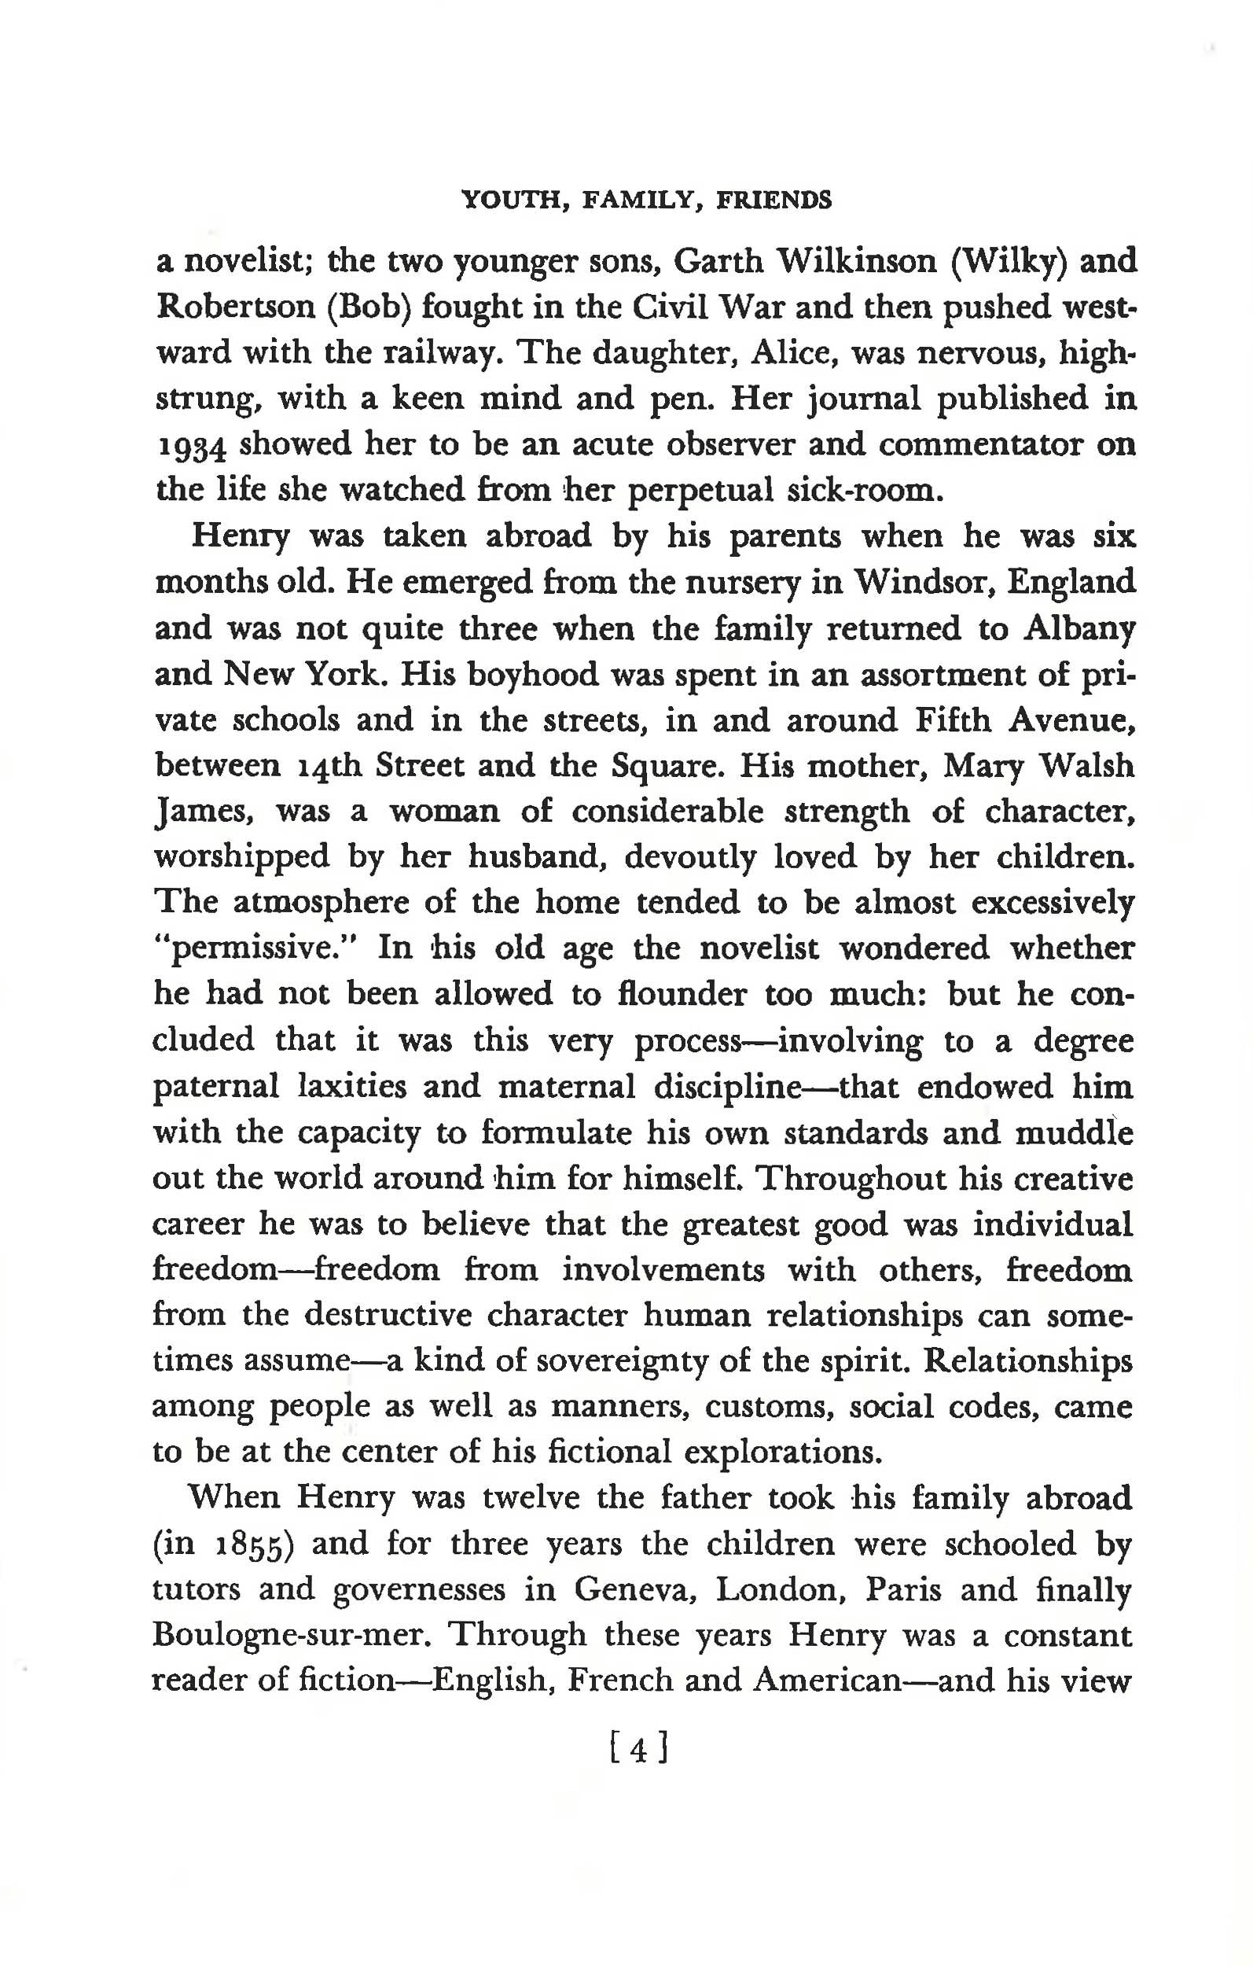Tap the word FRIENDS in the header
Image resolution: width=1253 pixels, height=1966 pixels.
point(773,200)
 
